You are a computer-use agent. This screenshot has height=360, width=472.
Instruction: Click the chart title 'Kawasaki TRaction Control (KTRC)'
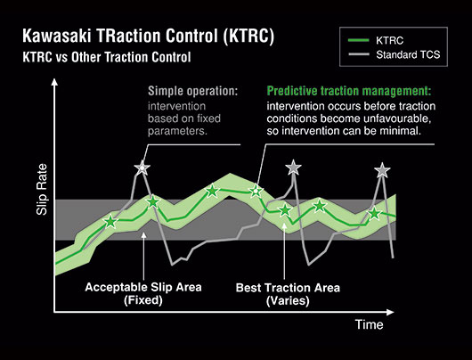[x=149, y=37]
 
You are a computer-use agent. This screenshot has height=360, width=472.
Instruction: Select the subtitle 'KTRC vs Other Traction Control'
[x=107, y=57]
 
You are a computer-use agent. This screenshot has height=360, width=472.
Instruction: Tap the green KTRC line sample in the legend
[x=359, y=40]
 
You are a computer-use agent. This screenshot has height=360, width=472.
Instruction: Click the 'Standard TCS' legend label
[x=408, y=55]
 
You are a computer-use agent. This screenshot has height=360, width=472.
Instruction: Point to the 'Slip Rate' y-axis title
[x=42, y=189]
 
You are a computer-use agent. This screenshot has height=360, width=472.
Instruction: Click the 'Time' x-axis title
[x=369, y=324]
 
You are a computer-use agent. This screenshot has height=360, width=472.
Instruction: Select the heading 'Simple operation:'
[x=192, y=91]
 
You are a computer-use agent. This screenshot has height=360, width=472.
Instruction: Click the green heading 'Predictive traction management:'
[x=349, y=91]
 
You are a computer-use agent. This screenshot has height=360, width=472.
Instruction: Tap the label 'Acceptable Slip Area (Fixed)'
[x=143, y=293]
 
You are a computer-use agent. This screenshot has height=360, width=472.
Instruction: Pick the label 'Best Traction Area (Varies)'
[x=288, y=294]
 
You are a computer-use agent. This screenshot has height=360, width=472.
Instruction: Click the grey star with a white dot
[x=142, y=168]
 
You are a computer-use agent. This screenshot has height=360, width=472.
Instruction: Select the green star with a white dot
[x=256, y=191]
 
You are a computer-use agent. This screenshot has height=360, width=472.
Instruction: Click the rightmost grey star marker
[x=382, y=170]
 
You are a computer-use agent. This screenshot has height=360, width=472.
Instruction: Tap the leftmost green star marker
[x=110, y=222]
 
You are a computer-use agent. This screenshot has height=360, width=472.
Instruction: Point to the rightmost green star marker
[x=374, y=213]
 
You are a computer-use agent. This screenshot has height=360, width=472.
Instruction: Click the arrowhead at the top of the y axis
[x=54, y=82]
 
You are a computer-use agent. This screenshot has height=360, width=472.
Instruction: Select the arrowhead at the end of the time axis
[x=390, y=313]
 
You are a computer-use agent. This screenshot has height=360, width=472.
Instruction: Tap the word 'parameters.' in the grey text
[x=177, y=131]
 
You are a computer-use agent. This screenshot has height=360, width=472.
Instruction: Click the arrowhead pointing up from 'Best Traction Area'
[x=284, y=225]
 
